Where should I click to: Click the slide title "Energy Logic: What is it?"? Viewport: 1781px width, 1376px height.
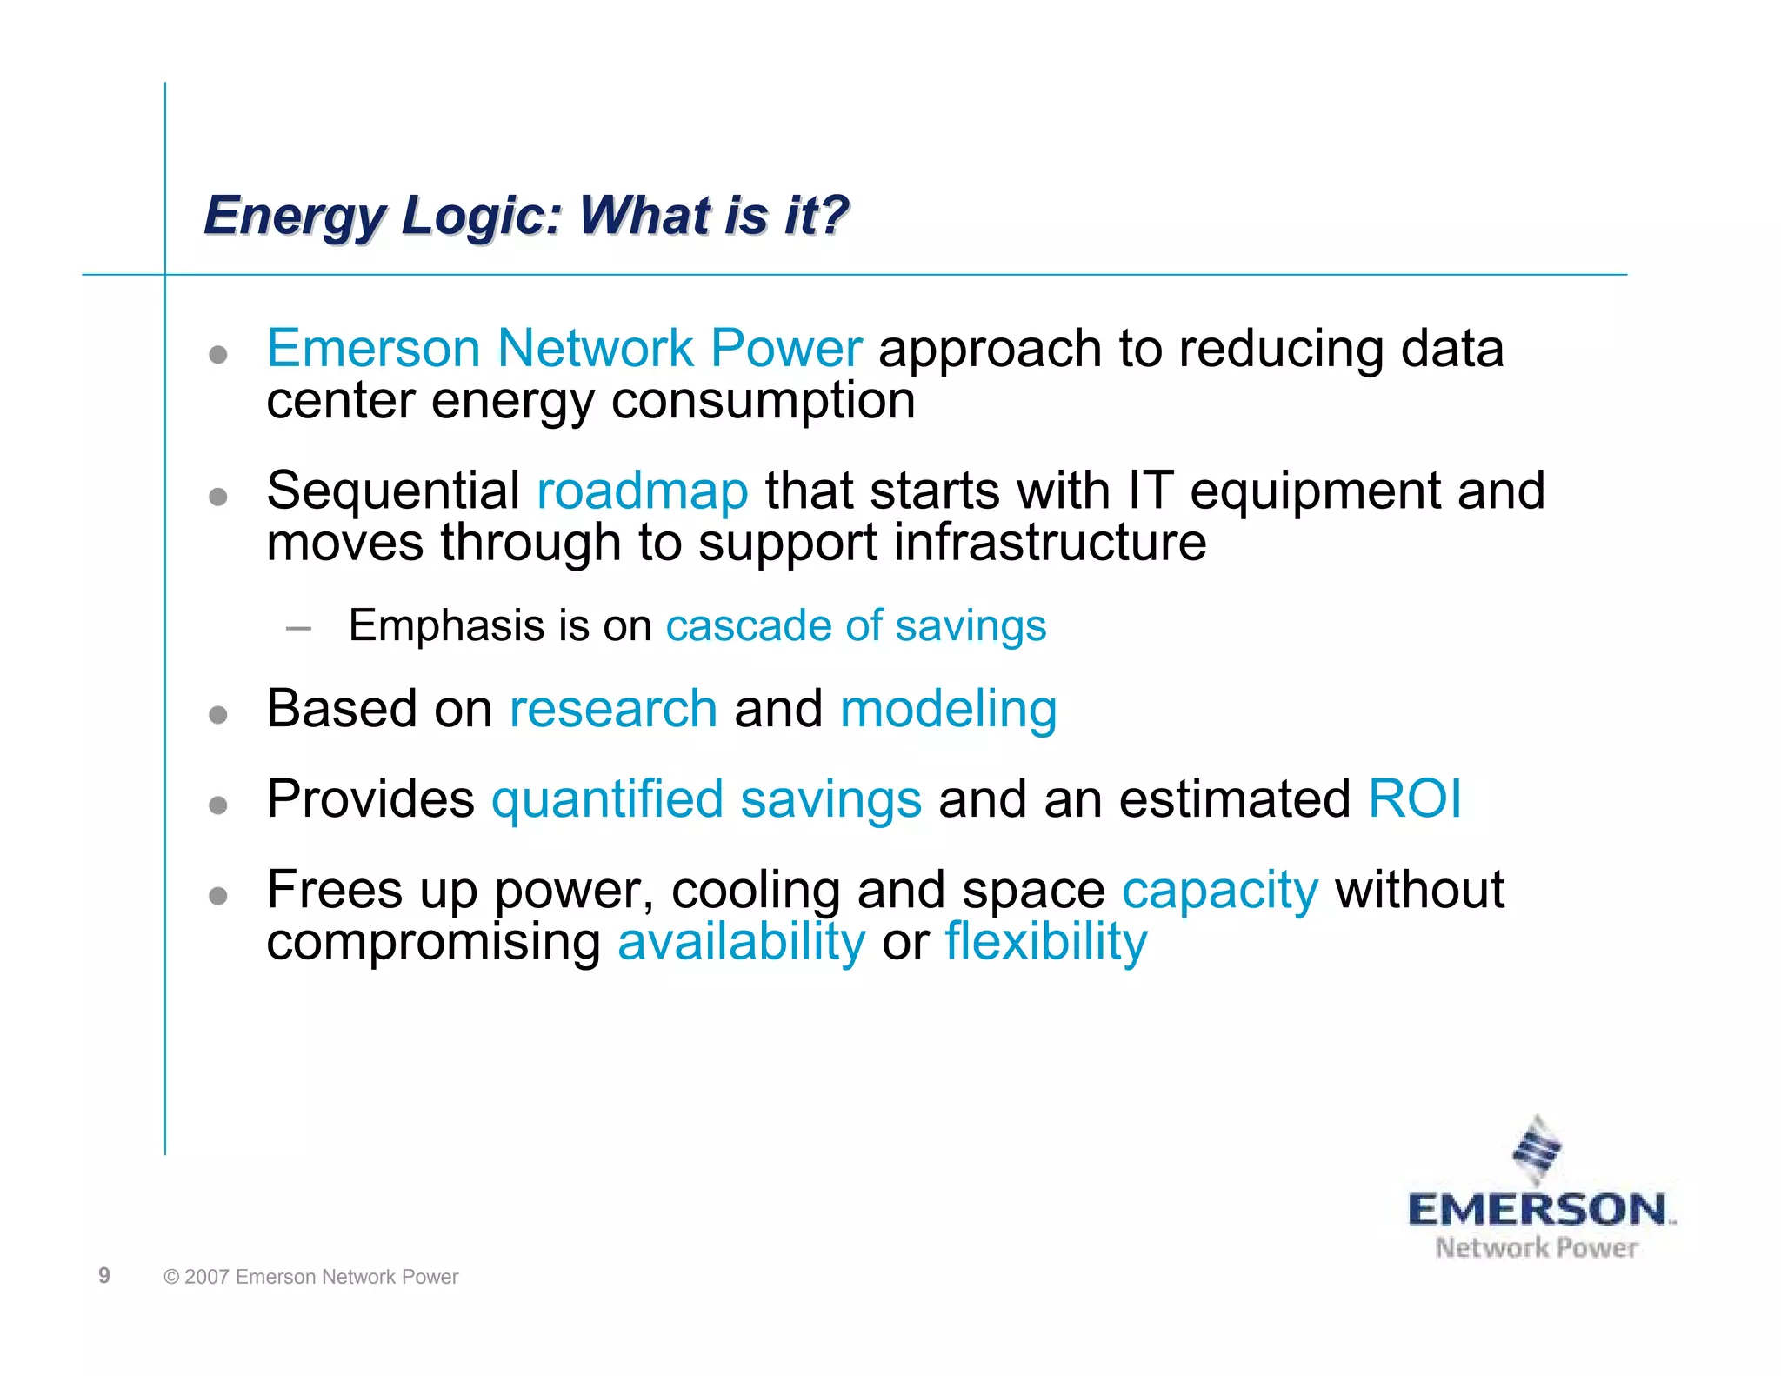[x=525, y=216]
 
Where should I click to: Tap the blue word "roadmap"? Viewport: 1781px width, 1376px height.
[x=642, y=491]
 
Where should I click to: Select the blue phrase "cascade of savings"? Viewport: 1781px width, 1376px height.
[x=856, y=626]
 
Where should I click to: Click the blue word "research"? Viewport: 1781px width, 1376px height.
[x=613, y=709]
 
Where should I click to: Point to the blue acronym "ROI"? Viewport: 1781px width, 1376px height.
[x=1414, y=798]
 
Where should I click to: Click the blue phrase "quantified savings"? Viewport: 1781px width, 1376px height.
[x=706, y=800]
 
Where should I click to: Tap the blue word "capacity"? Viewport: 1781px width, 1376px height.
[x=1219, y=892]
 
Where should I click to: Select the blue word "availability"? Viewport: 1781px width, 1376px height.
[x=741, y=942]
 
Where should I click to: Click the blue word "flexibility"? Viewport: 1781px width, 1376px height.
[x=1045, y=942]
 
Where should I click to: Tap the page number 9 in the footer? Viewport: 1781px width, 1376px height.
[x=104, y=1275]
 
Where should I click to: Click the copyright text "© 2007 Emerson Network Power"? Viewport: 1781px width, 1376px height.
[x=311, y=1277]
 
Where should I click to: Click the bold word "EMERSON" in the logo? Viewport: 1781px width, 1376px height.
[x=1537, y=1210]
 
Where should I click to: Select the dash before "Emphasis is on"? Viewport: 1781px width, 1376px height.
[x=298, y=627]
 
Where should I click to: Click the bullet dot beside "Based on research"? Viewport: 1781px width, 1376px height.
[x=218, y=715]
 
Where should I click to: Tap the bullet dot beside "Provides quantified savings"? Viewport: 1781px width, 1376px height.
[x=218, y=805]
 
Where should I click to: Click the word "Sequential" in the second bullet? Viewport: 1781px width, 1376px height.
[x=393, y=491]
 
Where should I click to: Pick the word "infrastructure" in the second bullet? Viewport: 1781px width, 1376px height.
[x=1050, y=543]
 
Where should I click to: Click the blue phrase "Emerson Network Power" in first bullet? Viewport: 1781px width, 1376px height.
[x=564, y=349]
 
